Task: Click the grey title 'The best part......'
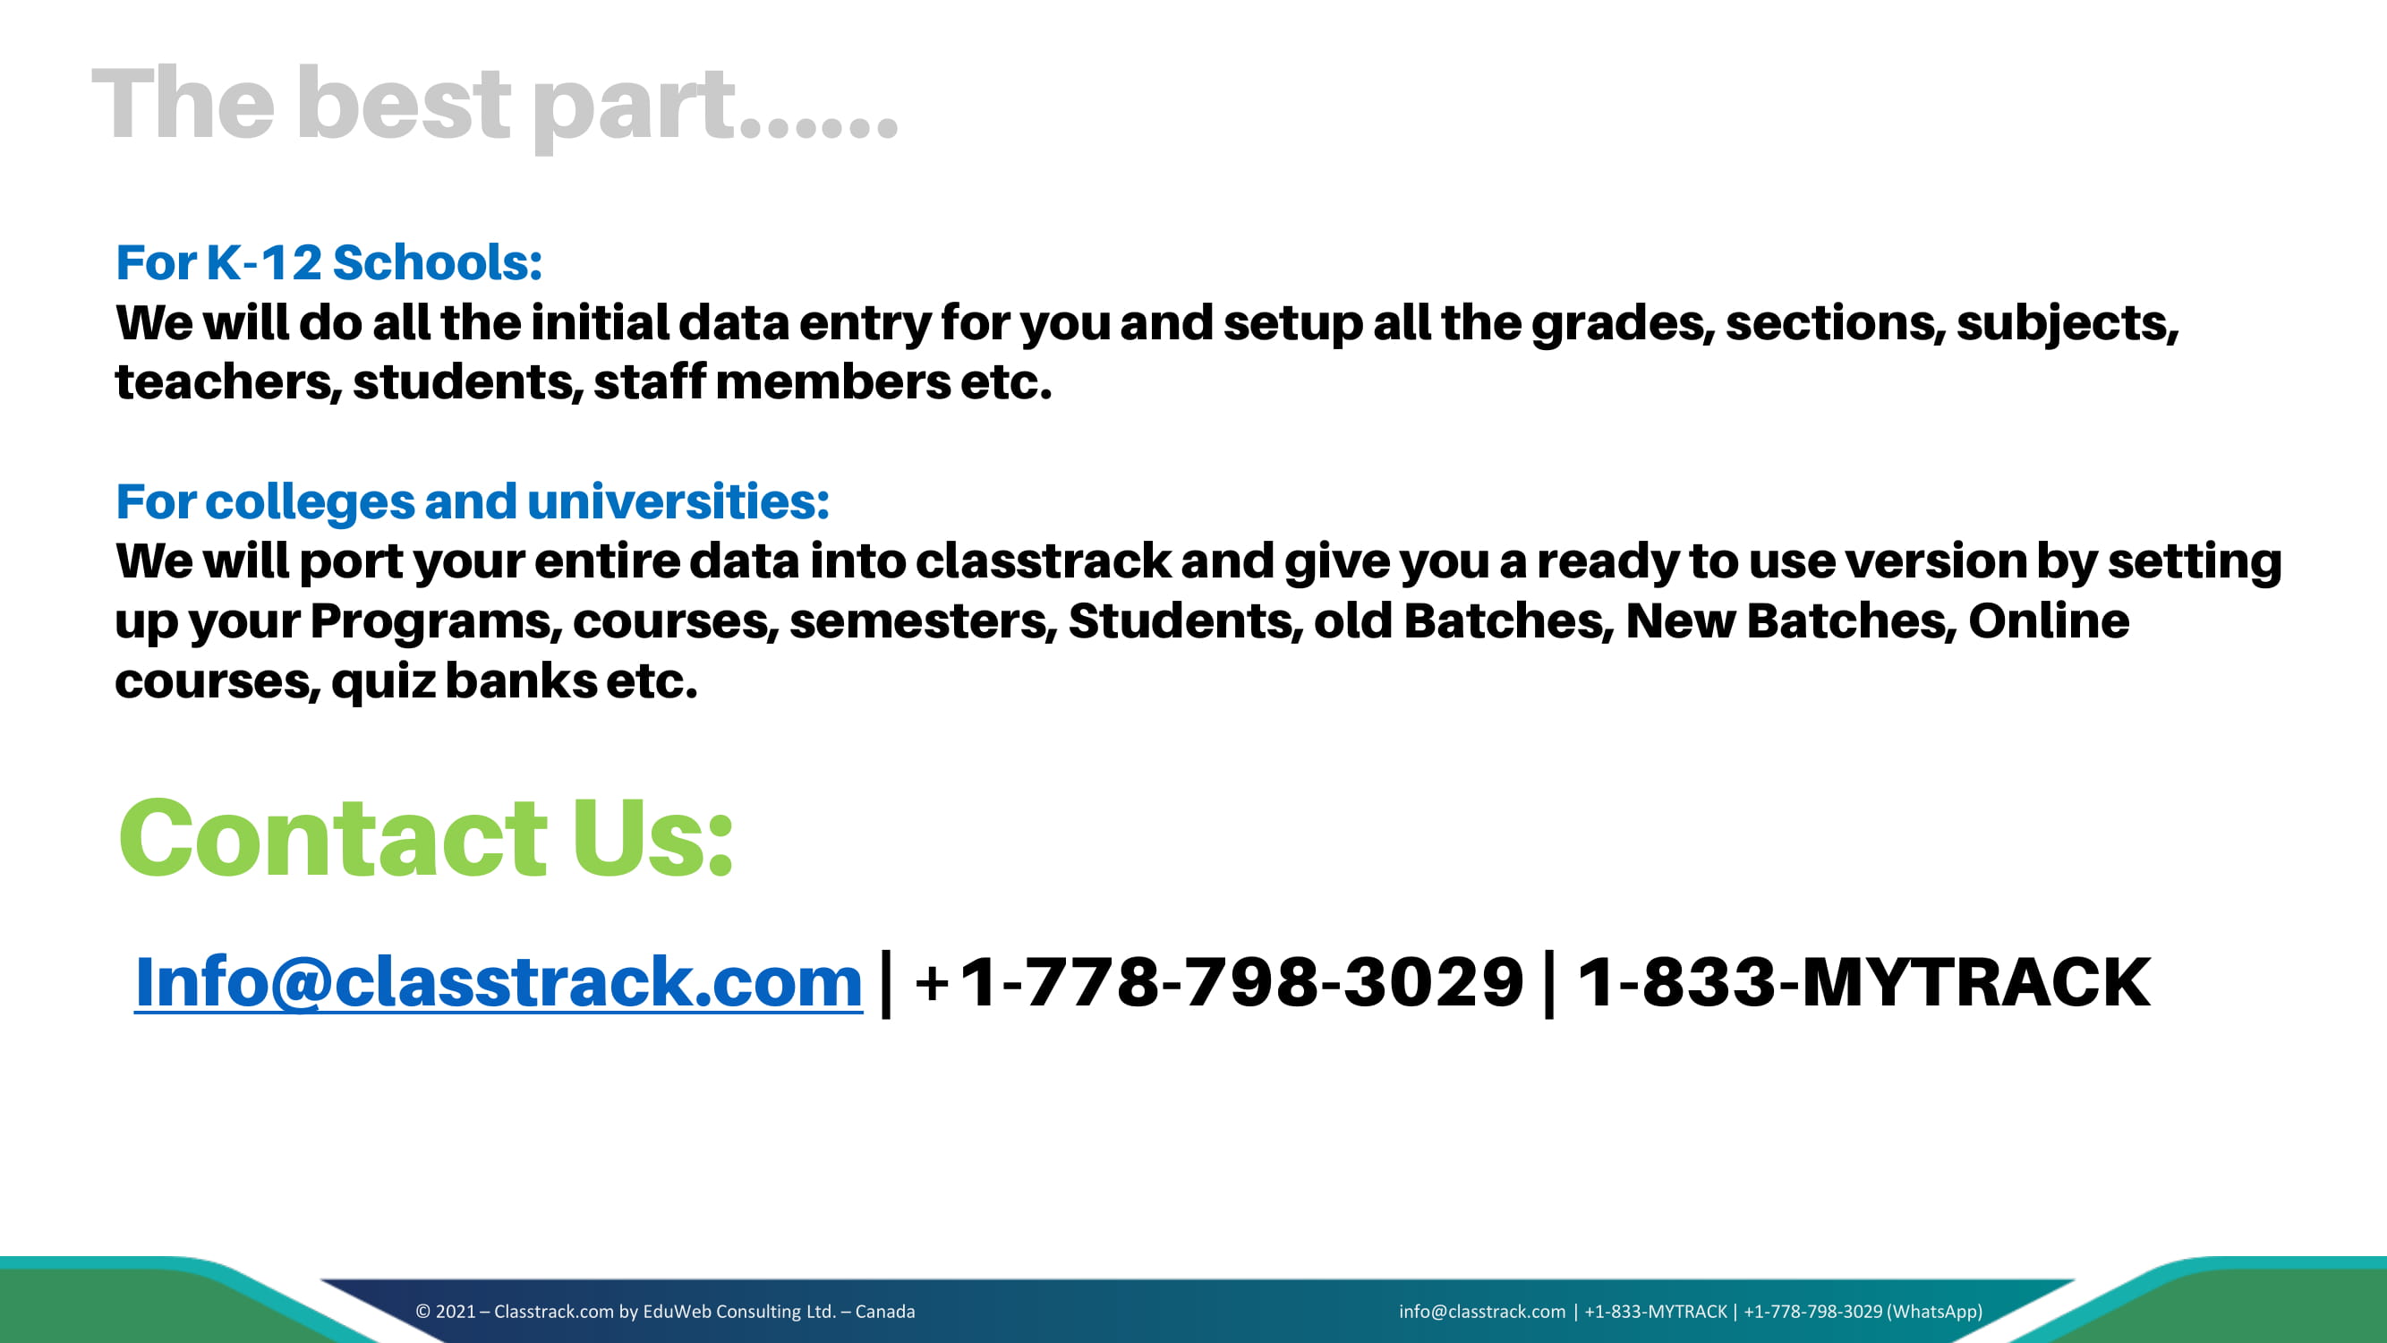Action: (495, 106)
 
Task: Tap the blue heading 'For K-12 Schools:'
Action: (329, 262)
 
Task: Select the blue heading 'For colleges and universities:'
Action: (473, 501)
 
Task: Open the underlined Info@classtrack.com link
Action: (499, 981)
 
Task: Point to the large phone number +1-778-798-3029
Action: (1219, 981)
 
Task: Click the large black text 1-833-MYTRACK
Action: (1863, 981)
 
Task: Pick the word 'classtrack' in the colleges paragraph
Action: (1044, 561)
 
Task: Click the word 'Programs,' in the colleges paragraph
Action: (437, 622)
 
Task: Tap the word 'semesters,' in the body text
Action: (923, 622)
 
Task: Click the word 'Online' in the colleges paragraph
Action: (2049, 621)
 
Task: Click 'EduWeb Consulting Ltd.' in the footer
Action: (739, 1312)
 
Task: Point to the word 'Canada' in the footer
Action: (885, 1312)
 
